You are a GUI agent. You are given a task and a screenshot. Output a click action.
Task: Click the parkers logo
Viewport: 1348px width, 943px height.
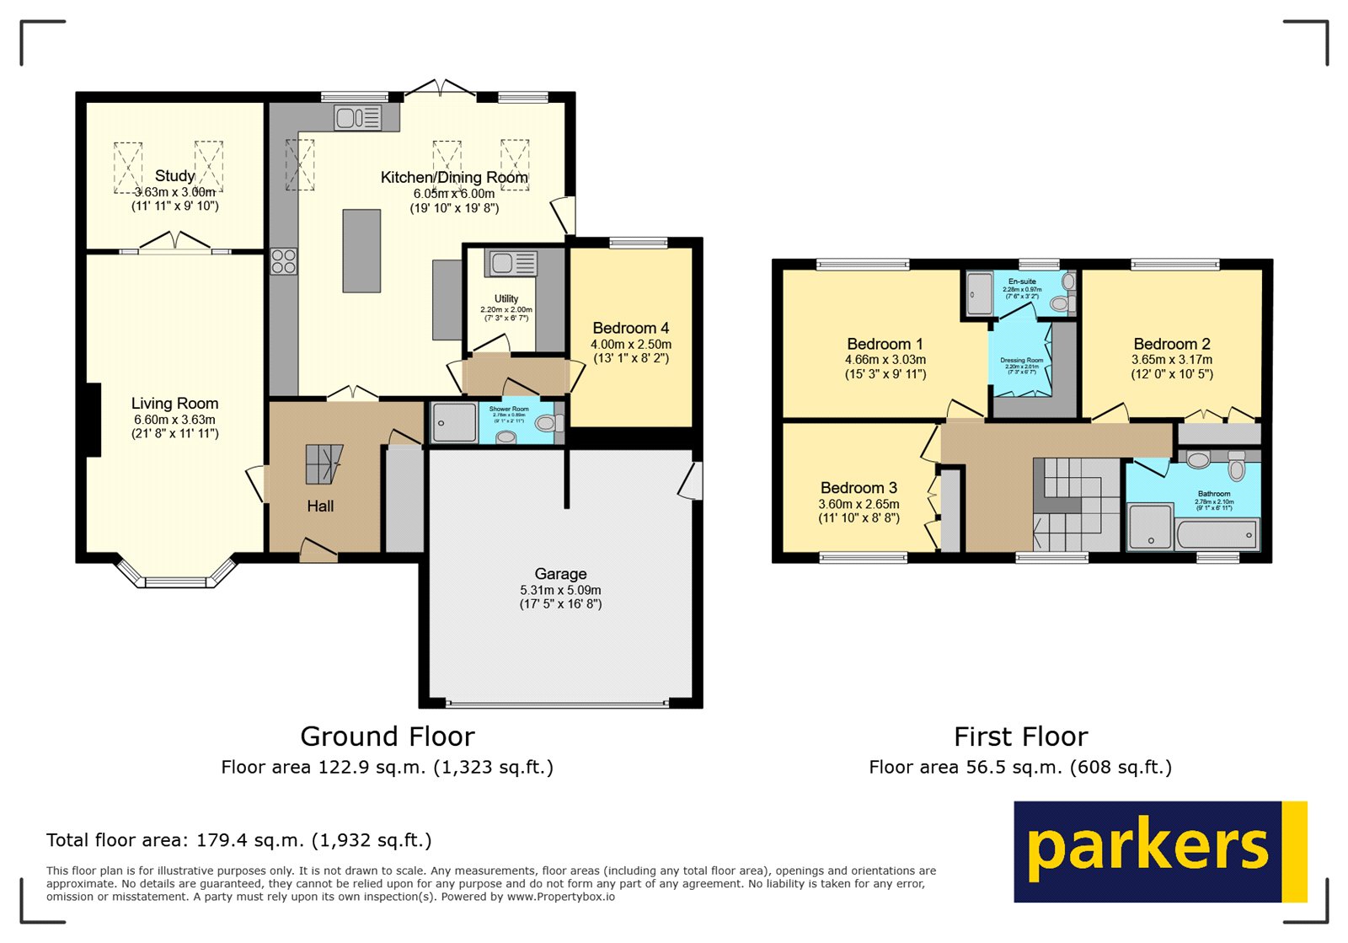click(1159, 851)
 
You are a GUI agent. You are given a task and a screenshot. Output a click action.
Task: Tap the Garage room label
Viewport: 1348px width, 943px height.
click(560, 574)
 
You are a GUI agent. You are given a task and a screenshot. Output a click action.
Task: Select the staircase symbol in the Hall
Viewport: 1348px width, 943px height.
click(324, 464)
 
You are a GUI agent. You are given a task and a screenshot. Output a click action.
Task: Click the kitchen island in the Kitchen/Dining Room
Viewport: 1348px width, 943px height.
click(361, 250)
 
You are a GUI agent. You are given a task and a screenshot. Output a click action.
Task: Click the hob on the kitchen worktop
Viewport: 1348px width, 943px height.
click(284, 261)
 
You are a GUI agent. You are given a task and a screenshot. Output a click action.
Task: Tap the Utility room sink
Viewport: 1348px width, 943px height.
click(510, 264)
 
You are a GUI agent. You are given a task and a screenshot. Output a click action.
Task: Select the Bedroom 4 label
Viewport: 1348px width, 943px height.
click(630, 328)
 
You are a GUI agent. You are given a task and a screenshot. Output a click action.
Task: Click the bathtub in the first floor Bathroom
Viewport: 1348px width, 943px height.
click(1217, 534)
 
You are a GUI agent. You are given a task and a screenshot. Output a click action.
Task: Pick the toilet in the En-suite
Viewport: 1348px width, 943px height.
click(1060, 303)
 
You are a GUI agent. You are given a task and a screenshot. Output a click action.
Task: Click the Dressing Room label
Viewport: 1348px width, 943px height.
click(1021, 360)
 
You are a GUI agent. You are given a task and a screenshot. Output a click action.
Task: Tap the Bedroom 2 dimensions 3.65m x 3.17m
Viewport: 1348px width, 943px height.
click(1171, 359)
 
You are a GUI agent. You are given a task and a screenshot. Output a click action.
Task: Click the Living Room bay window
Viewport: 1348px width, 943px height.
click(175, 580)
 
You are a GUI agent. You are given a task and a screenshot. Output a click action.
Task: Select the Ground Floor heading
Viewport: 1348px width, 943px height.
click(387, 737)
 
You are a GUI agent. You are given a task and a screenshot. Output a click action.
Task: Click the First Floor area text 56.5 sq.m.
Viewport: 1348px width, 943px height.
click(1019, 767)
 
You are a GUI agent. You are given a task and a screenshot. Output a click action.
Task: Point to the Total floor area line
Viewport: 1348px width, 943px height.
click(238, 840)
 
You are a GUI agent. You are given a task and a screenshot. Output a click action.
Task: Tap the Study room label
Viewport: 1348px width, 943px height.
click(174, 175)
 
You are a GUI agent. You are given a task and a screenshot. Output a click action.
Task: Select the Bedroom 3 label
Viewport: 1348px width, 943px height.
click(859, 488)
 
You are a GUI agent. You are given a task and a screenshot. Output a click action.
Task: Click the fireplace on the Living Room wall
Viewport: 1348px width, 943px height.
click(93, 420)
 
